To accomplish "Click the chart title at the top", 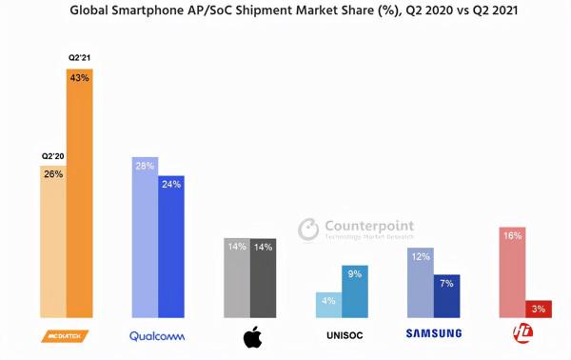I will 286,12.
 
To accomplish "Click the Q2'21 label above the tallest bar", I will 79,58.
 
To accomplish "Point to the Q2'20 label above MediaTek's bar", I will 52,154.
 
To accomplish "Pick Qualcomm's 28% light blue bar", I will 145,237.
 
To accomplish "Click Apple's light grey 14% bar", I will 237,277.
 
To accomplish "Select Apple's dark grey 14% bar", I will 264,277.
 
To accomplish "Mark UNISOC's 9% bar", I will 355,291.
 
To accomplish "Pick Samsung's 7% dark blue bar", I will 447,296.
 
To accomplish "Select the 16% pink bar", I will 512,272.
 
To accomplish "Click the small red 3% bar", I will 539,309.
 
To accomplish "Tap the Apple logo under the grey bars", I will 252,335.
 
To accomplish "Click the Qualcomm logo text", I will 158,334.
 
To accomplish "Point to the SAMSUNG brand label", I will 433,333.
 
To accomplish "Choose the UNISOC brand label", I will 342,334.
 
